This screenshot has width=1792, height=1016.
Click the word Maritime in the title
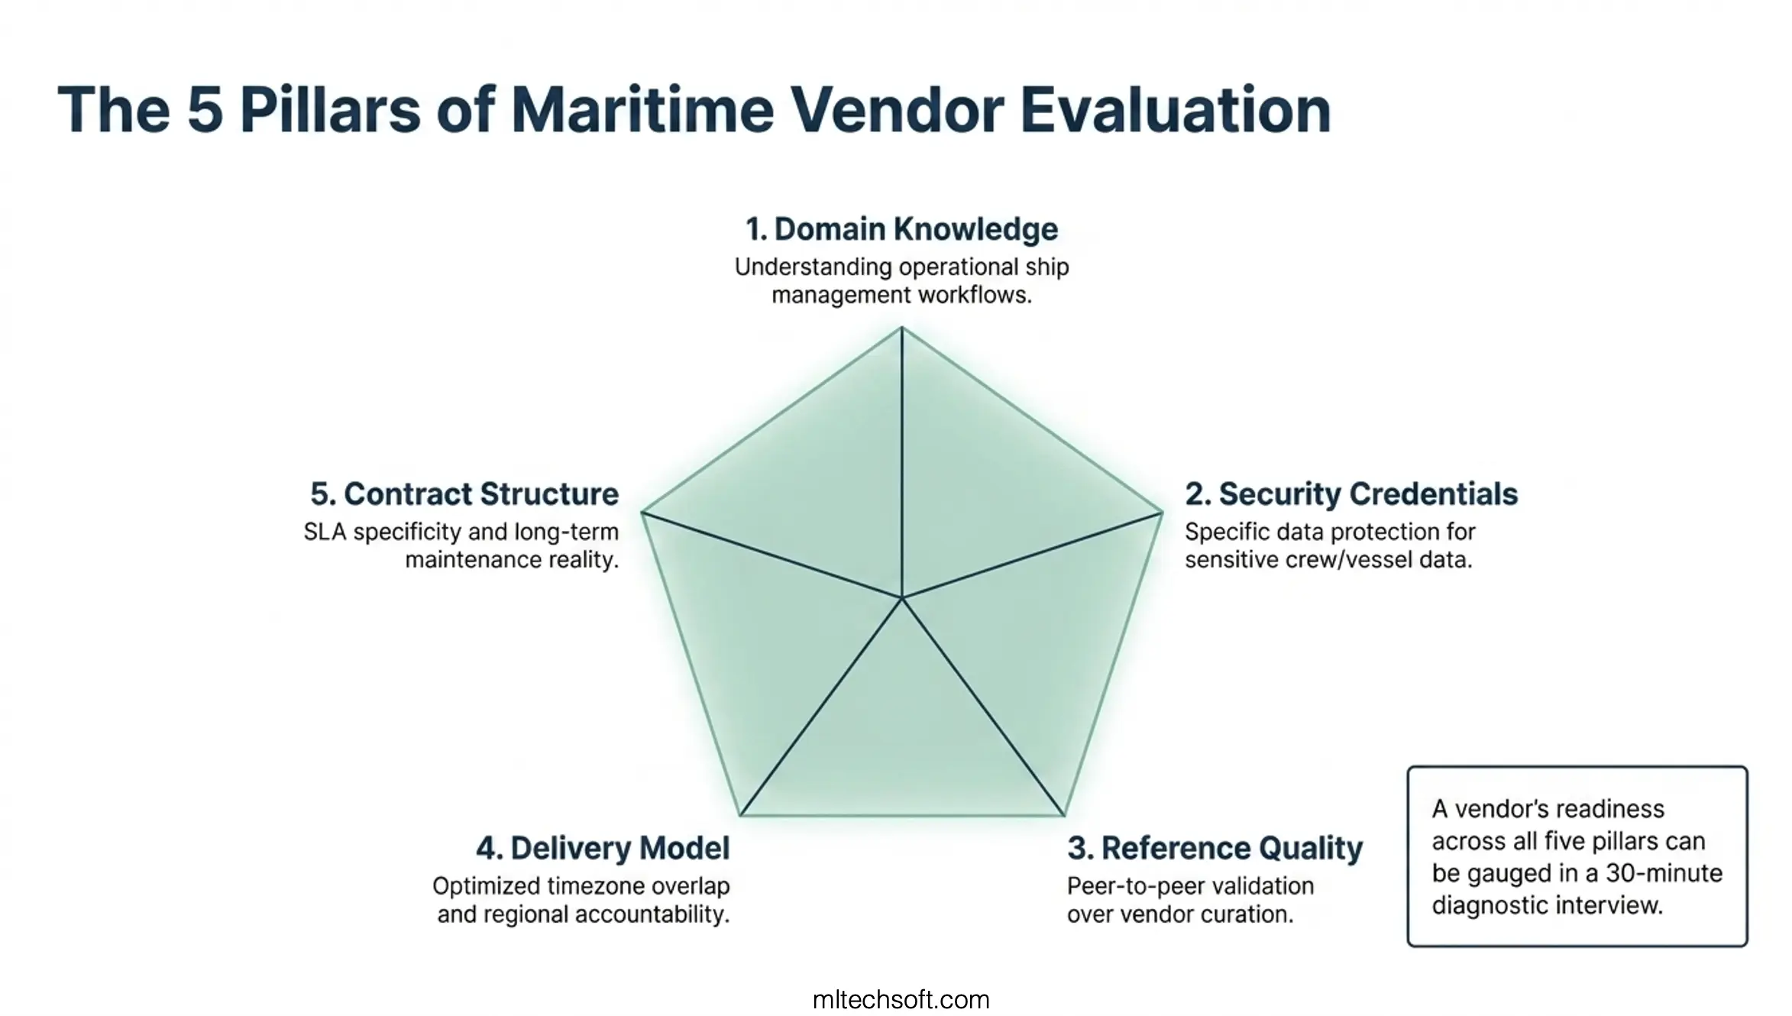pos(643,110)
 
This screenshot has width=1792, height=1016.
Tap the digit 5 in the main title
pos(205,110)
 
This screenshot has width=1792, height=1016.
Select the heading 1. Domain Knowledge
pos(901,229)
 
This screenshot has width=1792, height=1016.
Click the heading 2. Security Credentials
pos(1350,494)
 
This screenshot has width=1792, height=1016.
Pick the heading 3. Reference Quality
pos(1215,849)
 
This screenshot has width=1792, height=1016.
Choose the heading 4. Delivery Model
pos(603,849)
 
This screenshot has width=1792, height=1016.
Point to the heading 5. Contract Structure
pos(464,494)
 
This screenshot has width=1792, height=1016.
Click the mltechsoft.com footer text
pos(901,999)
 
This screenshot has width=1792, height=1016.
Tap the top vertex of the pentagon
pos(901,328)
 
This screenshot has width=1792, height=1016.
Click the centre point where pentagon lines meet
pos(901,597)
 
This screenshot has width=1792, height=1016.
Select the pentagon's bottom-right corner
pos(1063,814)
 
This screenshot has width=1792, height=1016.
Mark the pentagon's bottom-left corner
pos(740,814)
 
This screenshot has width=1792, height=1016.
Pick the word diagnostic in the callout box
pos(1490,905)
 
